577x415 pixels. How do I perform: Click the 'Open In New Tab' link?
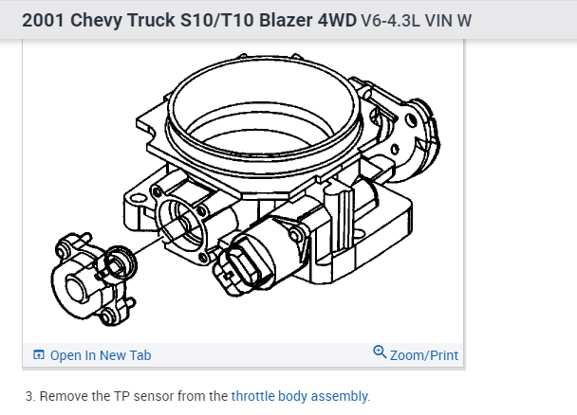[x=101, y=355]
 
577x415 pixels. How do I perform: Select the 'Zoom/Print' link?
[x=424, y=355]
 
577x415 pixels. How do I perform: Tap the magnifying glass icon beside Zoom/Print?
[x=380, y=352]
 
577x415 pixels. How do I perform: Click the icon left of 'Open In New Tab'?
[x=39, y=354]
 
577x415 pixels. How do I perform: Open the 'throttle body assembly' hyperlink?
[x=299, y=396]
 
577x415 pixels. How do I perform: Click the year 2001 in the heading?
[x=43, y=20]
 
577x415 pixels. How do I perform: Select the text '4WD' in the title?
[x=337, y=20]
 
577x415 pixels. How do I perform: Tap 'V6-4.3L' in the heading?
[x=390, y=21]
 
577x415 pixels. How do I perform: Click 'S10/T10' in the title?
[x=217, y=20]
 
